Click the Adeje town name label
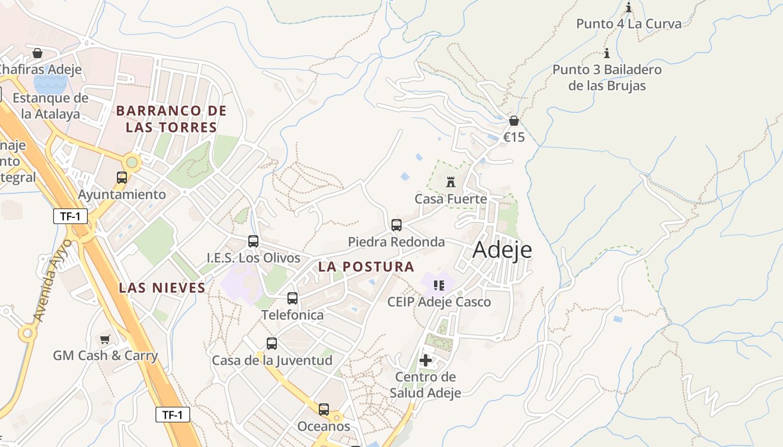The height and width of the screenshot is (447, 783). click(502, 250)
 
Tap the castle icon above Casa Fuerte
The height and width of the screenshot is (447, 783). click(451, 182)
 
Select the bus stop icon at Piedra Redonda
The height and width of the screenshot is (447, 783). click(397, 225)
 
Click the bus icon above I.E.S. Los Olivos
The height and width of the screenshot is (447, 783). click(253, 241)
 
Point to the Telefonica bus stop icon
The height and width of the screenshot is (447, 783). click(293, 298)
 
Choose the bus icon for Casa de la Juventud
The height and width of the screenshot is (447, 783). click(272, 344)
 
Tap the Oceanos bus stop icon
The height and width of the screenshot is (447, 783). click(324, 410)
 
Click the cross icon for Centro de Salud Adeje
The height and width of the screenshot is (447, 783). click(426, 360)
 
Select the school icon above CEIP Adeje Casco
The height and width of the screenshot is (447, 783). click(439, 286)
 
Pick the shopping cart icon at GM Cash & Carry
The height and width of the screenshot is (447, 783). click(105, 339)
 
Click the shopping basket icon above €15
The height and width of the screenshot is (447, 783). click(514, 121)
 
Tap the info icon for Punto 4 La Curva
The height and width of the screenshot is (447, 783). click(629, 8)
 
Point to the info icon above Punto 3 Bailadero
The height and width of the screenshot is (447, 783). click(607, 54)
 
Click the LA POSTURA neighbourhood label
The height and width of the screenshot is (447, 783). click(366, 267)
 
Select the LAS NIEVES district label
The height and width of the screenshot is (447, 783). click(162, 288)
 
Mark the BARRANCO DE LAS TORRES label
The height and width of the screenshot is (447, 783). click(171, 119)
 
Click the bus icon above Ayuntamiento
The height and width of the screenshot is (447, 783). click(122, 178)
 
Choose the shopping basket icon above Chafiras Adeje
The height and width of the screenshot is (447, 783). click(37, 53)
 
